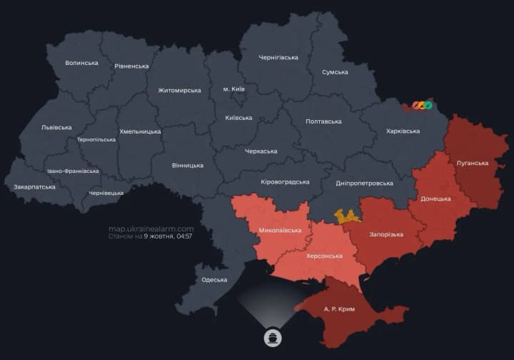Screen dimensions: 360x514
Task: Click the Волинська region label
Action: (81, 63)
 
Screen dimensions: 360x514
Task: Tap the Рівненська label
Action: (131, 66)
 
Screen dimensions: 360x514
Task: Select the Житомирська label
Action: (179, 91)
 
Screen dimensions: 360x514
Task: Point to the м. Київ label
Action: (234, 89)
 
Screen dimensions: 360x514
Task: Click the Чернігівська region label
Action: (278, 57)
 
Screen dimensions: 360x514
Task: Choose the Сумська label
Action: (335, 72)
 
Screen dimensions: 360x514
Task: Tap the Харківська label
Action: (403, 131)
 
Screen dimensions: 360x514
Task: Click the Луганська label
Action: (472, 163)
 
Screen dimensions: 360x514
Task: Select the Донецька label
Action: (435, 198)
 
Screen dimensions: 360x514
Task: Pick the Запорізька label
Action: (386, 234)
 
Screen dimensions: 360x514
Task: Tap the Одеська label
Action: (214, 280)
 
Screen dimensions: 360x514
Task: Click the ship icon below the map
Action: (274, 336)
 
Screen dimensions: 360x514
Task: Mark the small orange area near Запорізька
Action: (348, 216)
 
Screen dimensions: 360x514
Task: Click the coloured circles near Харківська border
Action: (422, 106)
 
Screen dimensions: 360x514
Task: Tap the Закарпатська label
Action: (34, 187)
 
